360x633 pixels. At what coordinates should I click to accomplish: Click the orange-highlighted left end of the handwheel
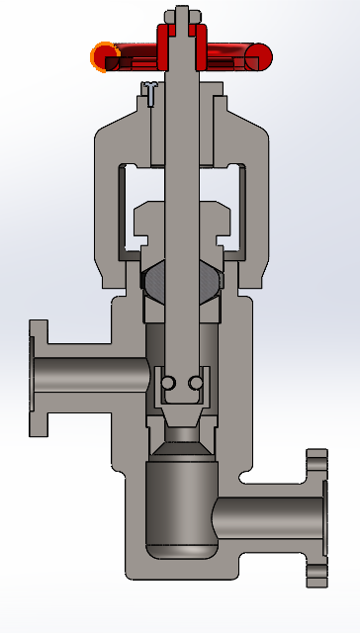coord(103,57)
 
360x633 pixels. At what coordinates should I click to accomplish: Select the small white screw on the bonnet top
coord(149,91)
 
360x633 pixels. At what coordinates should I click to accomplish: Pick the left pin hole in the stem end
coord(169,383)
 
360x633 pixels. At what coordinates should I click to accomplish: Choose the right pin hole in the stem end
coord(196,383)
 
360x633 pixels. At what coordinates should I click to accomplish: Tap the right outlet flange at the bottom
coord(316,518)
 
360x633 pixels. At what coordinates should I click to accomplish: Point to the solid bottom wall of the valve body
coord(183,568)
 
